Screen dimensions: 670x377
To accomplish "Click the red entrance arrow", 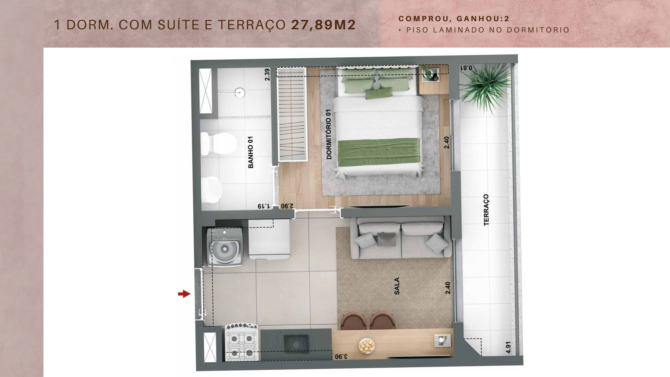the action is [x=184, y=294].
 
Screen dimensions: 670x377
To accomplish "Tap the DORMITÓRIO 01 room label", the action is [x=329, y=134].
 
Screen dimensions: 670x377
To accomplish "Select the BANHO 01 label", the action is [x=251, y=152].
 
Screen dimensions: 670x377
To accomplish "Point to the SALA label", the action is [x=397, y=286].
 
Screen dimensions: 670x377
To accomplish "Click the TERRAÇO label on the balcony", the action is [x=486, y=210].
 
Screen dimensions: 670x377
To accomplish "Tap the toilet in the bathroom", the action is [x=219, y=143].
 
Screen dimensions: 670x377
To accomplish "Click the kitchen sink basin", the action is [x=297, y=345].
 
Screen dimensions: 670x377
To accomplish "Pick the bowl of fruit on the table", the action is [x=367, y=346].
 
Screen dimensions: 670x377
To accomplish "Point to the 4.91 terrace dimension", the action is [x=508, y=347].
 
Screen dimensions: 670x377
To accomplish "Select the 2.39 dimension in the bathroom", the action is [x=267, y=75].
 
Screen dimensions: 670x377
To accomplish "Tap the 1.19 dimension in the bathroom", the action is [x=264, y=206].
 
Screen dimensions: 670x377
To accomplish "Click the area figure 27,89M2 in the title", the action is [x=323, y=25].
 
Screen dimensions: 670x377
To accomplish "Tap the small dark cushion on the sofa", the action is [x=383, y=240].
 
